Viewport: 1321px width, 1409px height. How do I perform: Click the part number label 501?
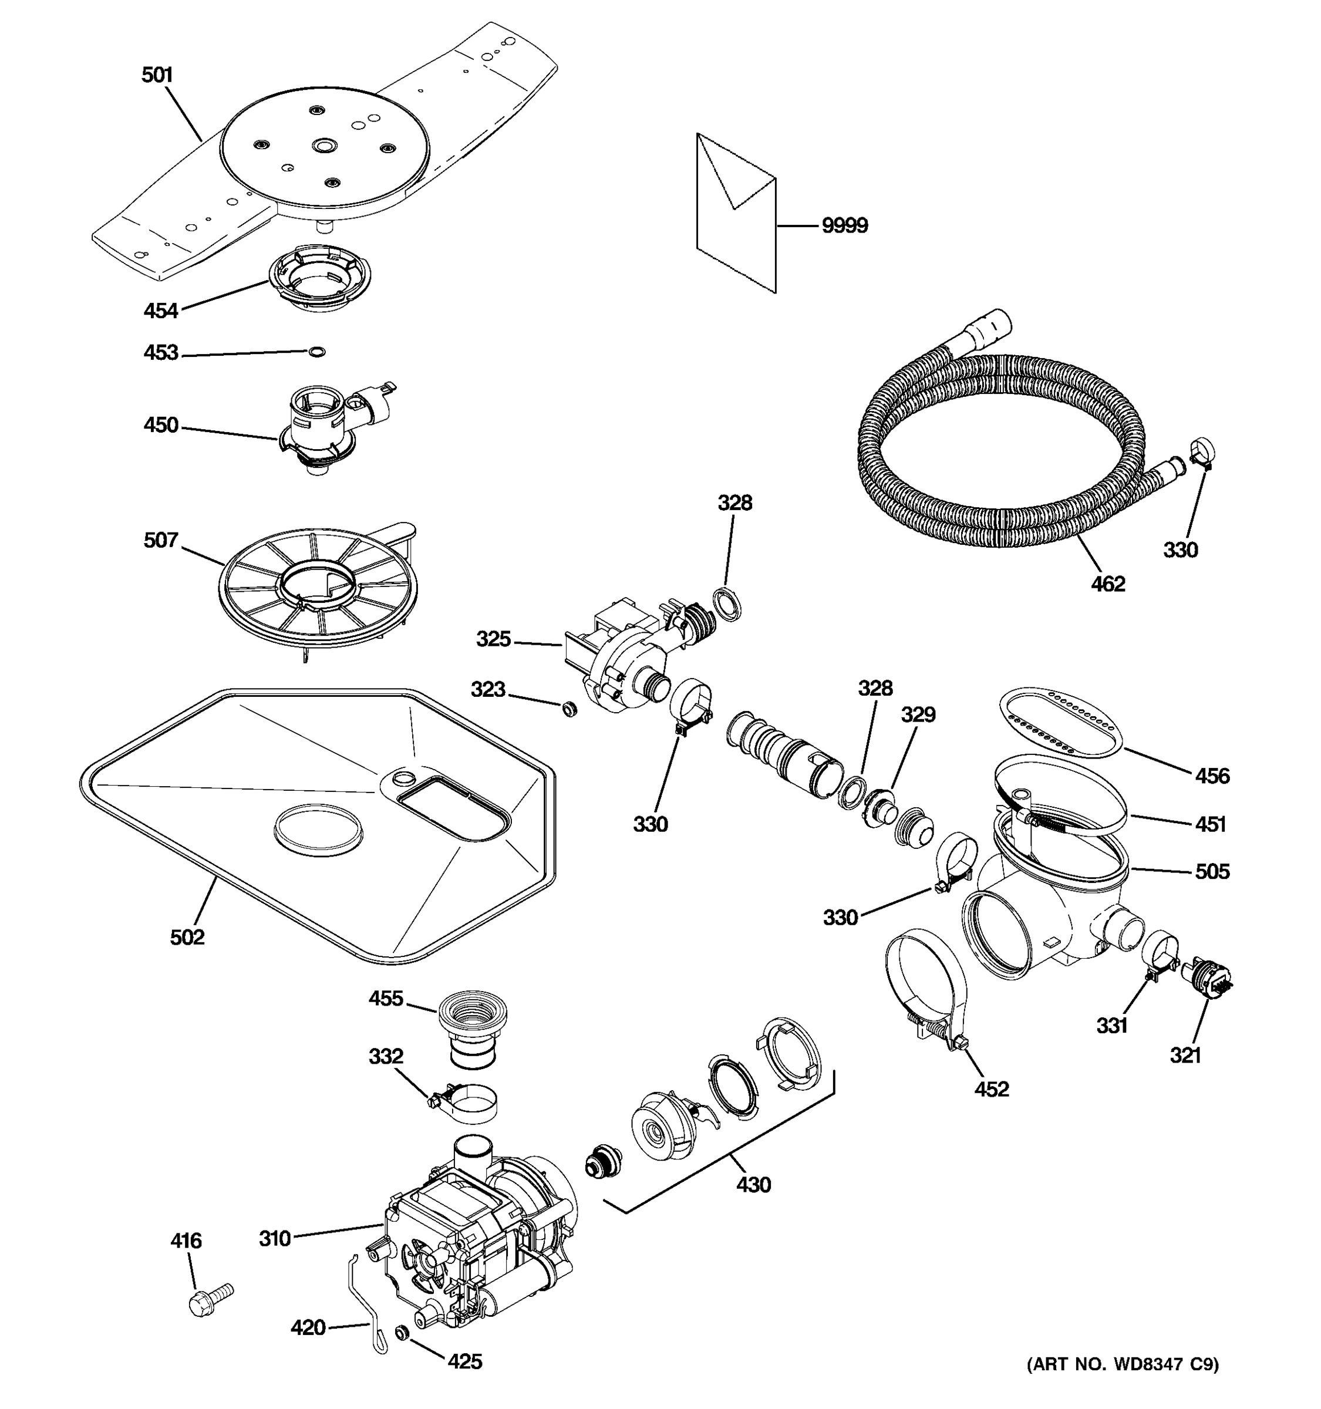click(157, 75)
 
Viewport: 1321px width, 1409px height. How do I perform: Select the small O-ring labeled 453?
click(318, 352)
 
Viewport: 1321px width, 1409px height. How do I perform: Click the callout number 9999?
click(844, 226)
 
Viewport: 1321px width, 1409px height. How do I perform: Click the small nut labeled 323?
click(568, 708)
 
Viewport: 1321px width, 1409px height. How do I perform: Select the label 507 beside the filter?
click(161, 541)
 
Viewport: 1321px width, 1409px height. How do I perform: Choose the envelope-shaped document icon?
click(737, 213)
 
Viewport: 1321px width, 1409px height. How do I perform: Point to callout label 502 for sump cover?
click(187, 938)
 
